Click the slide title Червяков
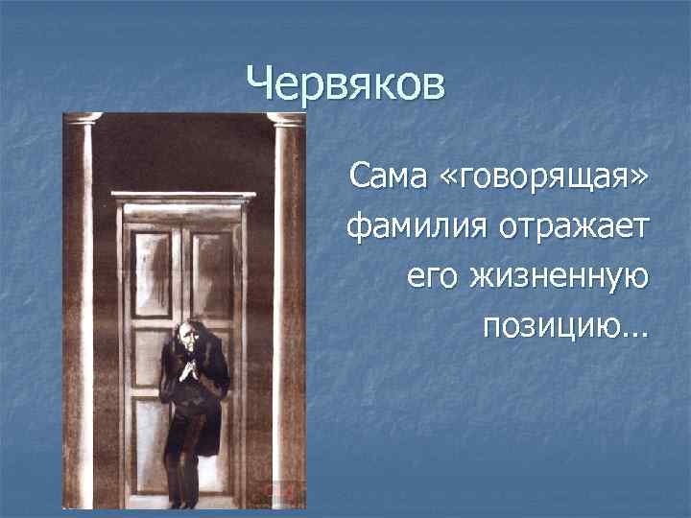pos(345,84)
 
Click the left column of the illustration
pos(83,307)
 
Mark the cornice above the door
pos(183,196)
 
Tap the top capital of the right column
pos(285,118)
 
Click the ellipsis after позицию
pos(634,333)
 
